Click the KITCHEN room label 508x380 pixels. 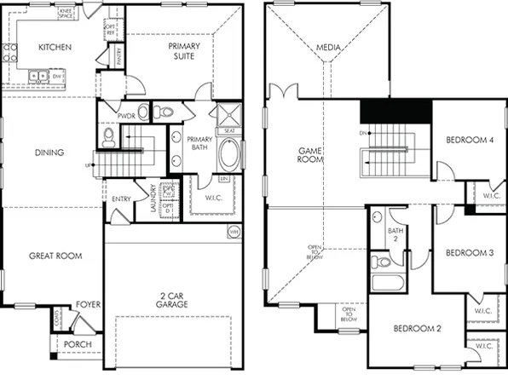pos(55,47)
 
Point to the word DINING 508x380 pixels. pos(49,153)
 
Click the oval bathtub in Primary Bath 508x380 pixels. pos(229,156)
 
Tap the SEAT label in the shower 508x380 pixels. pos(229,130)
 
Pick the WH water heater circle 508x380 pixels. pos(234,231)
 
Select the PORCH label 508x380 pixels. pos(78,344)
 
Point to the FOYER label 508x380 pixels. pos(88,302)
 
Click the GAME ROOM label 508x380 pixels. pos(309,154)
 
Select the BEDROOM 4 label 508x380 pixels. pos(470,140)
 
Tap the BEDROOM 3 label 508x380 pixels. pos(470,253)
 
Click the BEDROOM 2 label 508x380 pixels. pos(417,328)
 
